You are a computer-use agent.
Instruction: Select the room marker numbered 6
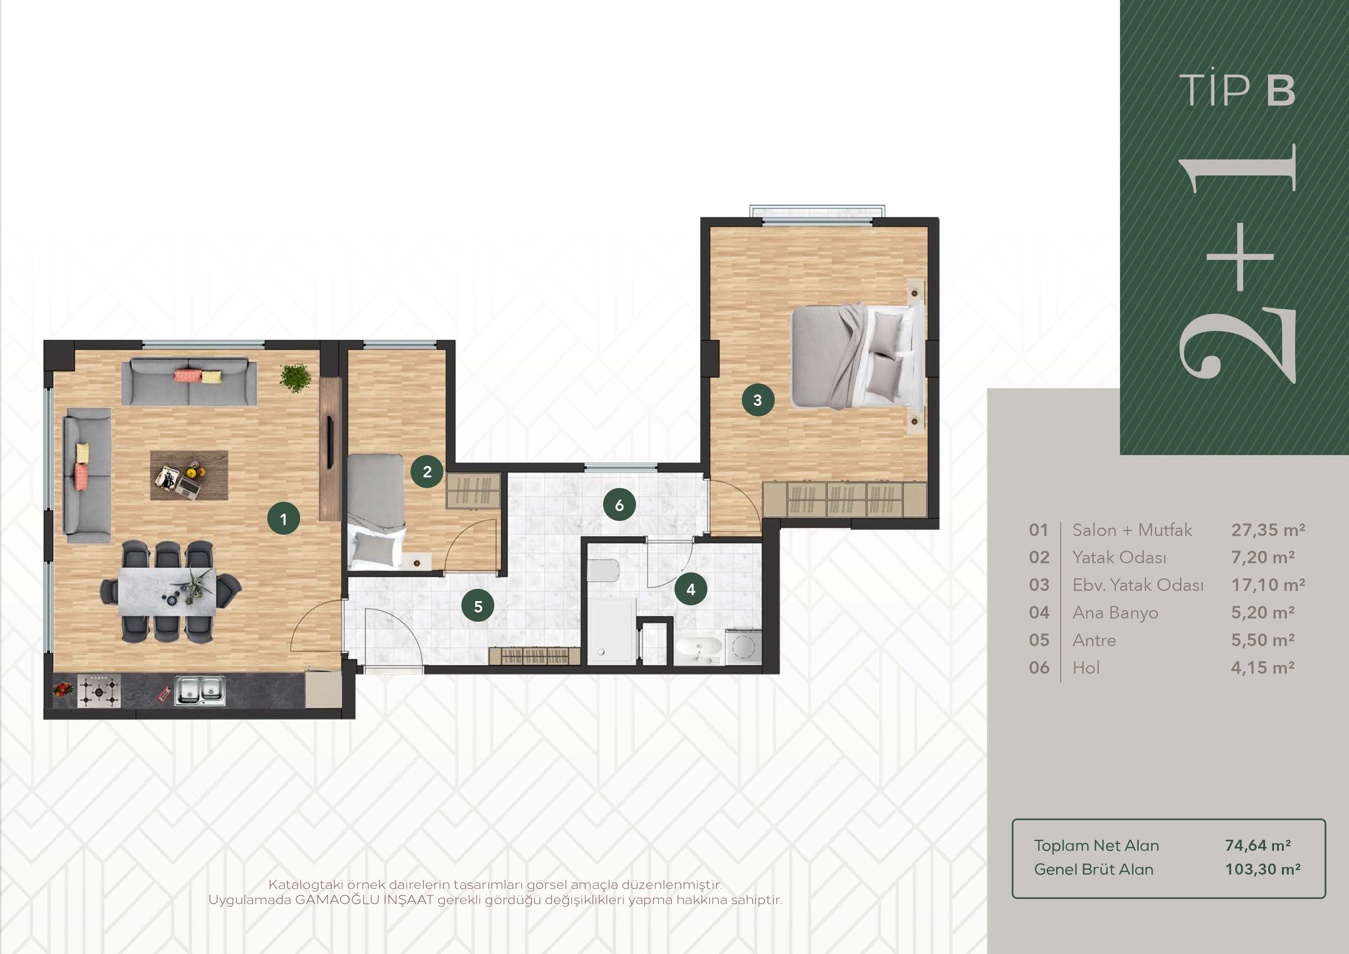click(619, 505)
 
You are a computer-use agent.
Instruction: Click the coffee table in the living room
click(189, 475)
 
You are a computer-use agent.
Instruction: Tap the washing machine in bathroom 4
click(744, 647)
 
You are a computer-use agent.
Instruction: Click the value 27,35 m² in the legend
click(1268, 530)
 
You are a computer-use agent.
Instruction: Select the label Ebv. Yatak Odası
click(1138, 585)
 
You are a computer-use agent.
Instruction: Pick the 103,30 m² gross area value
click(1263, 869)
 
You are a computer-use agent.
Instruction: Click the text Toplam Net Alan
click(1096, 845)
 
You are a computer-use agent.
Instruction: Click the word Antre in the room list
click(1094, 640)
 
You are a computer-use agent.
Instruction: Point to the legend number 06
click(1039, 668)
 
